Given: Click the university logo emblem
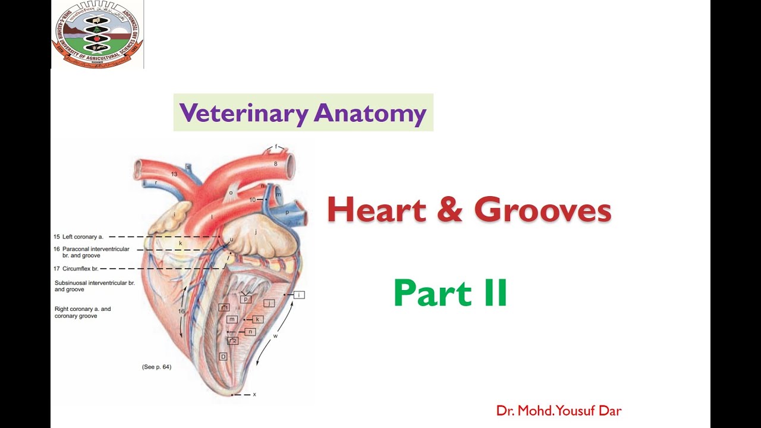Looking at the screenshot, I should coord(97,34).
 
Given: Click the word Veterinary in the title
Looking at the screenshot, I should coord(243,112).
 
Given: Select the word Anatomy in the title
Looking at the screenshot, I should coord(370,112).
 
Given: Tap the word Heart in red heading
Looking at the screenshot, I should coord(376,210).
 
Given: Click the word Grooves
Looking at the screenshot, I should coord(543,210).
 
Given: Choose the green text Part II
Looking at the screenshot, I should coord(450,293).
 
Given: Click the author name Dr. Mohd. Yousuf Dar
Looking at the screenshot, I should coord(559,410).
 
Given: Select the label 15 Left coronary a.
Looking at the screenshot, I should coord(78,237).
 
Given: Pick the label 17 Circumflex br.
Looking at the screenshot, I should coord(76,269).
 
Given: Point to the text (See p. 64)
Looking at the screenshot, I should coord(156,367).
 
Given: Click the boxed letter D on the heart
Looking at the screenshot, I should coord(223,357).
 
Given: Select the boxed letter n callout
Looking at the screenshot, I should coord(250,332).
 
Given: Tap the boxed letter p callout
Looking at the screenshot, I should coord(245,299).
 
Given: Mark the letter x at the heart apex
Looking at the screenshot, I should coord(254,394).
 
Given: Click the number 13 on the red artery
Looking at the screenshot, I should coord(174,174).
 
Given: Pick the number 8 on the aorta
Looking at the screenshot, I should coord(275,163).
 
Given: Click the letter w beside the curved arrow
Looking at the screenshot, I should coord(275,336).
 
